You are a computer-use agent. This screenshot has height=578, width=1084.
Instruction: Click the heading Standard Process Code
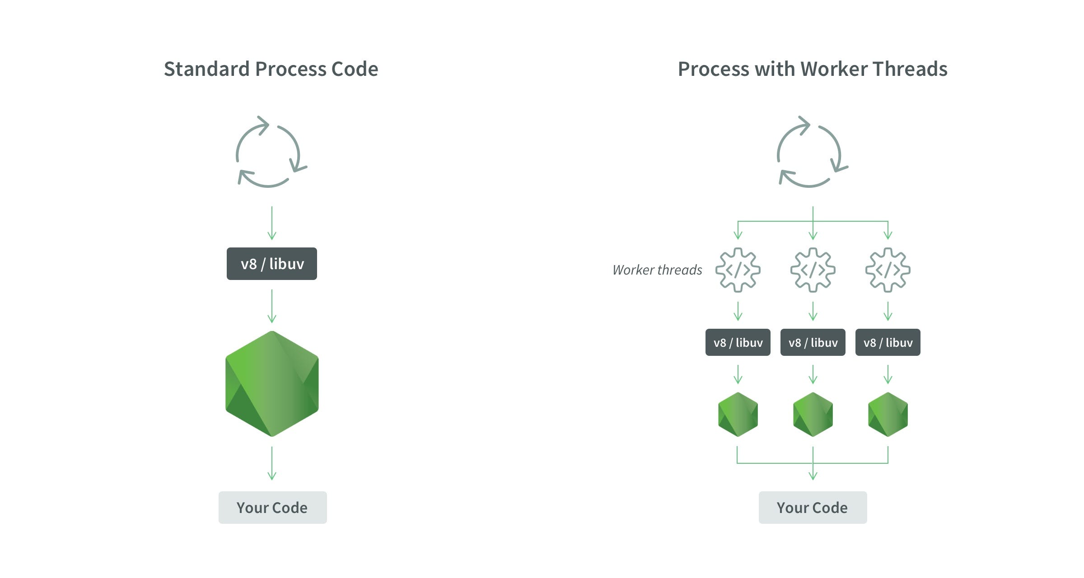[271, 69]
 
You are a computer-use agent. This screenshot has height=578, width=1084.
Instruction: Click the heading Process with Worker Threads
[812, 69]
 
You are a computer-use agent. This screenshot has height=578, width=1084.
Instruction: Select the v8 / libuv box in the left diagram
[272, 264]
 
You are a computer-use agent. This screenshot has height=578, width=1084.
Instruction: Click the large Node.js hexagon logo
[272, 384]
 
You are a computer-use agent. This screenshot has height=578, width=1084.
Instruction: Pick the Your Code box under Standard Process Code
[272, 508]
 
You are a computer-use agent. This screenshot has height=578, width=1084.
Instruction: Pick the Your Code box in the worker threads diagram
[813, 508]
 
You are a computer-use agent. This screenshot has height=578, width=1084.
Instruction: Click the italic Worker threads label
[657, 270]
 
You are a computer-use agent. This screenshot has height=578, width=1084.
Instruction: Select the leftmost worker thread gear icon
[738, 270]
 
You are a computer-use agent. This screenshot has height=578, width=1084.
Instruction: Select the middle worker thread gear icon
[813, 270]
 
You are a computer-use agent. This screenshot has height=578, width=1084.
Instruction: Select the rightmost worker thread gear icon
[888, 270]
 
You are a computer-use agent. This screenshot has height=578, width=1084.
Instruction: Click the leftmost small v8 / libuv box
[738, 342]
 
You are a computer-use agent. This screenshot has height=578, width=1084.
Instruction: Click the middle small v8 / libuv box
[813, 342]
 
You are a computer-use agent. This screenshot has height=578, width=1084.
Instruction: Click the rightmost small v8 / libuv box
[888, 342]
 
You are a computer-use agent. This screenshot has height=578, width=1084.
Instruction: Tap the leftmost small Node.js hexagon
[738, 415]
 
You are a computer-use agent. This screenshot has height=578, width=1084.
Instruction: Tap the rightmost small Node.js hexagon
[888, 415]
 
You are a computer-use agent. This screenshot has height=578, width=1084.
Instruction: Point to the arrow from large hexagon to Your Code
[272, 463]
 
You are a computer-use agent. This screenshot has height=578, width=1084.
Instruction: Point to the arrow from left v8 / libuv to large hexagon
[272, 306]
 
